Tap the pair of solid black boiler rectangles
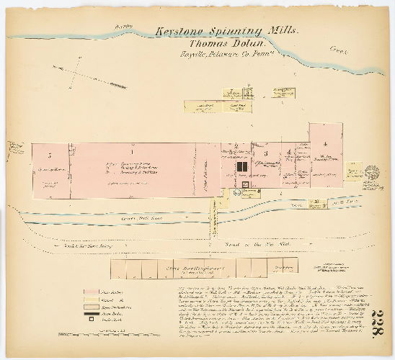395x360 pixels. pyautogui.click(x=241, y=168)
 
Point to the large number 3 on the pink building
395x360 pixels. pyautogui.click(x=266, y=153)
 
